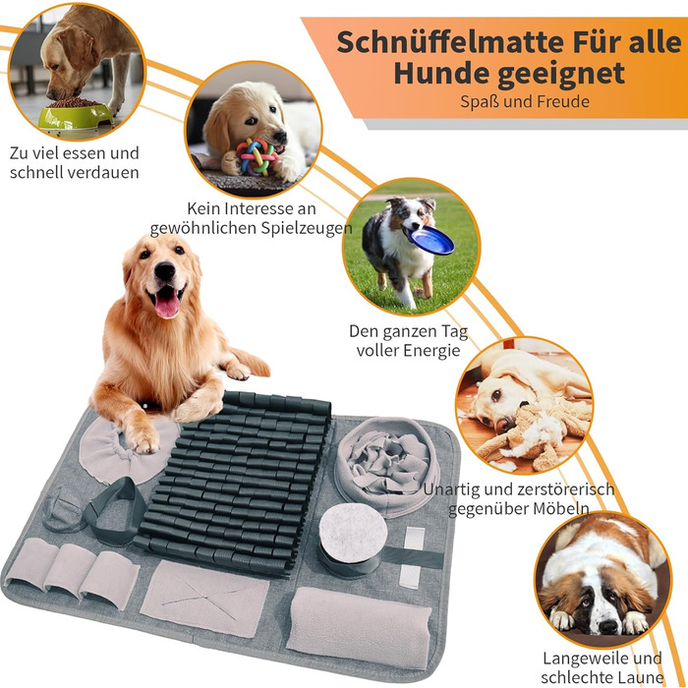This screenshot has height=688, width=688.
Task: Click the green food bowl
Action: click(x=76, y=115)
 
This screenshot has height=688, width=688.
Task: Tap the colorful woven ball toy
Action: click(x=257, y=156)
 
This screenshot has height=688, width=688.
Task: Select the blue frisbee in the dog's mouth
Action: click(x=430, y=241)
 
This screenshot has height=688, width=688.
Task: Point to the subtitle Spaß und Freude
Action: click(x=524, y=101)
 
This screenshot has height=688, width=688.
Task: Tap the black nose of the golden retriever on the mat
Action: click(x=164, y=270)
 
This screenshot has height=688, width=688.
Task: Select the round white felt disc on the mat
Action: click(x=353, y=533)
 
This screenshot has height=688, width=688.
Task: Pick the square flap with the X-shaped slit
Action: click(x=204, y=599)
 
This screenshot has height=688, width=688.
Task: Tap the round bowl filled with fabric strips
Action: click(x=387, y=466)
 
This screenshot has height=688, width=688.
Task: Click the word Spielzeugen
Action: click(x=307, y=228)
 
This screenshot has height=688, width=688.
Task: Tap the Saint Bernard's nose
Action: click(x=608, y=626)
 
